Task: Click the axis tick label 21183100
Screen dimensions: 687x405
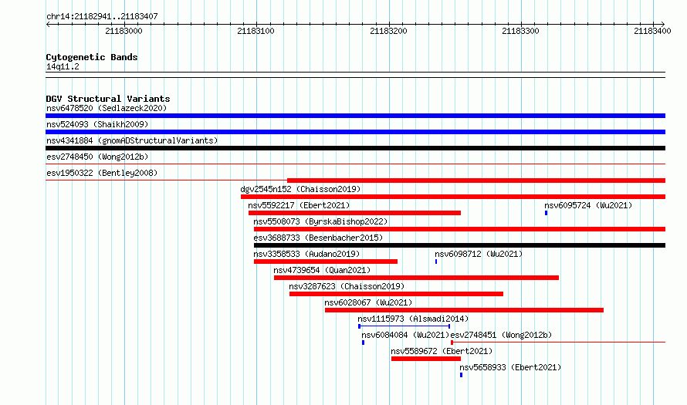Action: tap(256, 31)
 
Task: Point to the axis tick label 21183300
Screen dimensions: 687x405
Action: tap(520, 31)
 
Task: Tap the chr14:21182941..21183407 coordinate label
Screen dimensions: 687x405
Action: tap(102, 17)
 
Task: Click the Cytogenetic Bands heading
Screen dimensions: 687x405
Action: tap(92, 57)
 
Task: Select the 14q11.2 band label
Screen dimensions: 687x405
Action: tap(63, 66)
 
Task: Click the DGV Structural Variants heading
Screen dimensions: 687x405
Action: tap(108, 99)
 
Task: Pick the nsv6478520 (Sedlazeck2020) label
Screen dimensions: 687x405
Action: tap(107, 108)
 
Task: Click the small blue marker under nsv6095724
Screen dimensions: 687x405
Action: tap(546, 213)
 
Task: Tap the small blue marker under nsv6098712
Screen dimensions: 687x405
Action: tap(436, 262)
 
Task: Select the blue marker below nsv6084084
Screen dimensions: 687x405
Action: tap(364, 343)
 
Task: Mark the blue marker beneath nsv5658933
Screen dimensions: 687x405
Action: tap(461, 375)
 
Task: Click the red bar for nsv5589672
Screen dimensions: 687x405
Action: tap(426, 359)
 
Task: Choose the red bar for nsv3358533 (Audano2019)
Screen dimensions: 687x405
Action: tap(326, 262)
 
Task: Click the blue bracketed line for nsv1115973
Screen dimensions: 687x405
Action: tap(404, 326)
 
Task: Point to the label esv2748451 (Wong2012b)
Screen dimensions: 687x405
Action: tap(501, 335)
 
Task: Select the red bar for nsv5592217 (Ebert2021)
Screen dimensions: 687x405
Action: tap(354, 213)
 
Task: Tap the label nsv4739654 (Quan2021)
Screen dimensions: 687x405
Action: tap(322, 270)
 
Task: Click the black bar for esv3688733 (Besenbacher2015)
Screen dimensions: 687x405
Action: tap(459, 245)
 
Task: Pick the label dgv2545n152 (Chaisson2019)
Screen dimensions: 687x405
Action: tap(300, 189)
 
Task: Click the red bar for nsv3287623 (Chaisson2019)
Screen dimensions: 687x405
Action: tap(396, 294)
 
